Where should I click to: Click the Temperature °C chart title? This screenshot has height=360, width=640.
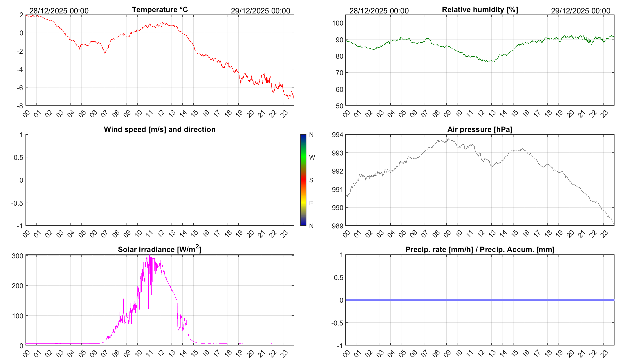(160, 10)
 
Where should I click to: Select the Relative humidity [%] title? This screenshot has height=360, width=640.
(480, 10)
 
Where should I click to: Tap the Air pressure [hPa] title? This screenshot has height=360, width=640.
(480, 129)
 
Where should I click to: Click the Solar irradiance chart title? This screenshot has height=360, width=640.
(160, 249)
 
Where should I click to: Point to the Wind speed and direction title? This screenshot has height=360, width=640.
(160, 129)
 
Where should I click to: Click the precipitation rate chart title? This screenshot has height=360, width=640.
(480, 250)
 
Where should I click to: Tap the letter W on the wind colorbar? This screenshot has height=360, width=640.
(312, 157)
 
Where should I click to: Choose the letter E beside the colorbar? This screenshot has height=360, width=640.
(311, 203)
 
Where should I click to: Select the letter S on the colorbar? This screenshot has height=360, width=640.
(311, 180)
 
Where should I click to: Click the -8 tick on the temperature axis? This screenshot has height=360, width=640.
(20, 106)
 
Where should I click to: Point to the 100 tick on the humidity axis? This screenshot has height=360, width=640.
(338, 23)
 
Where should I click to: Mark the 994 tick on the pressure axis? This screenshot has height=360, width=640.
(337, 135)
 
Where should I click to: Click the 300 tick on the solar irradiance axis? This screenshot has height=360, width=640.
(18, 256)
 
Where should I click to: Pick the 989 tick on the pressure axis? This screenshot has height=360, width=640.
(337, 226)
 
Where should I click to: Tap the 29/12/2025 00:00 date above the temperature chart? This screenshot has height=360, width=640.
(260, 11)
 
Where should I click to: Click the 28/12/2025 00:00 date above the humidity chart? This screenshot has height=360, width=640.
(379, 11)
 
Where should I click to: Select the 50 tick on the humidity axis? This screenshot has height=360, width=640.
(339, 106)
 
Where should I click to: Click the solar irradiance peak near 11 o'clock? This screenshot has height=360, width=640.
(149, 256)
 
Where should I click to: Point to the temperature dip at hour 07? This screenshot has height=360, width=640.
(105, 53)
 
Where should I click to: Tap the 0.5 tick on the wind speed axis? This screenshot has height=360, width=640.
(18, 157)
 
